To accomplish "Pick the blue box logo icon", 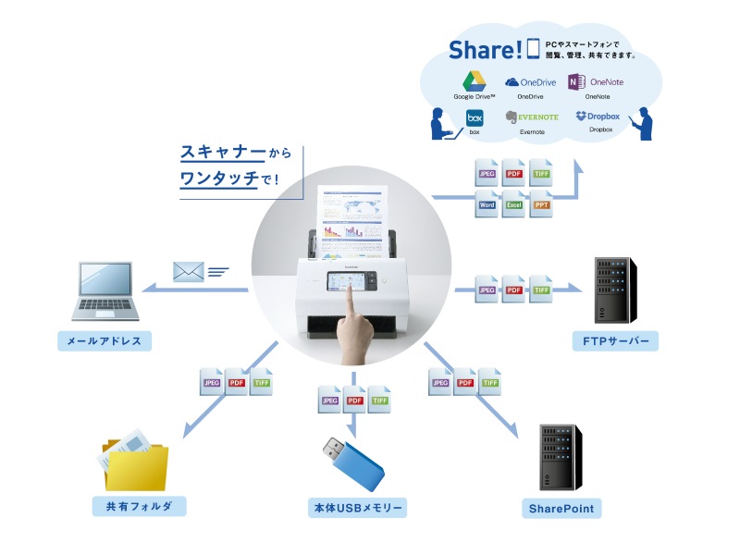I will tap(475, 117).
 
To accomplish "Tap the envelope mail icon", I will tap(188, 271).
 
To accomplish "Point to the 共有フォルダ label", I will tap(139, 506).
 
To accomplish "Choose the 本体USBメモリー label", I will tap(357, 509).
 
